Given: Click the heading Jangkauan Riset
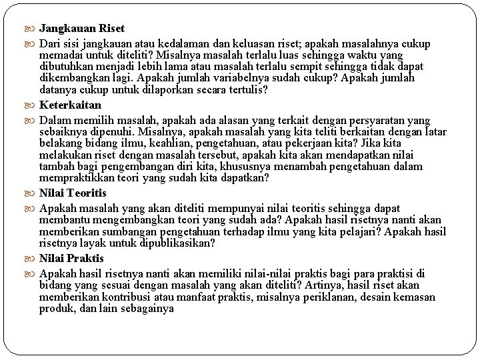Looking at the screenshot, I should (x=81, y=29).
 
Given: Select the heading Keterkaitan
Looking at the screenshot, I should (x=70, y=105).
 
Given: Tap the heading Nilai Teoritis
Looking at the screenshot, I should (x=73, y=193).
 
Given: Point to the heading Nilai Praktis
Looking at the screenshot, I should (x=71, y=258).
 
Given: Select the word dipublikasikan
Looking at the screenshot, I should (x=177, y=243).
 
